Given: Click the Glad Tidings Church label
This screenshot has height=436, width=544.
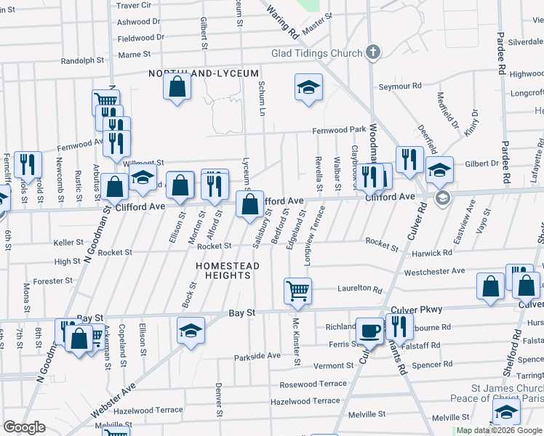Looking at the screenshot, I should click(316, 53).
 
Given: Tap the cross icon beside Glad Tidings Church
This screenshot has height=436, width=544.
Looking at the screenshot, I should click(372, 52).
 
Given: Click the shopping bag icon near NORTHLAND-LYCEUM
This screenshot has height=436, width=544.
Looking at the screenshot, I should click(177, 88).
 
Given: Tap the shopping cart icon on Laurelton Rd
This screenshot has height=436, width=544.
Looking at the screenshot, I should click(298, 291).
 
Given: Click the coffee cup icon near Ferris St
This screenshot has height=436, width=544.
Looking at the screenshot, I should click(369, 330).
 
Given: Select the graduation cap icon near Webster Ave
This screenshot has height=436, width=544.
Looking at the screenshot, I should click(191, 331).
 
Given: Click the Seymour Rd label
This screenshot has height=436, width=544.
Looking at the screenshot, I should click(400, 86).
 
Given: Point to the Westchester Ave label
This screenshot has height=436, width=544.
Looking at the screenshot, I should click(434, 272).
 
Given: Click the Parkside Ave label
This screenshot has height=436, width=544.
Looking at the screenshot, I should click(257, 357).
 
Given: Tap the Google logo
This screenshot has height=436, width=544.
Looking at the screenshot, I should click(24, 427).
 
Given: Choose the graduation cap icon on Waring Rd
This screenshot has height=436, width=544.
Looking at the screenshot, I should click(309, 88).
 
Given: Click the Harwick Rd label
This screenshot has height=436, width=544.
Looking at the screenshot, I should click(431, 254).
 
